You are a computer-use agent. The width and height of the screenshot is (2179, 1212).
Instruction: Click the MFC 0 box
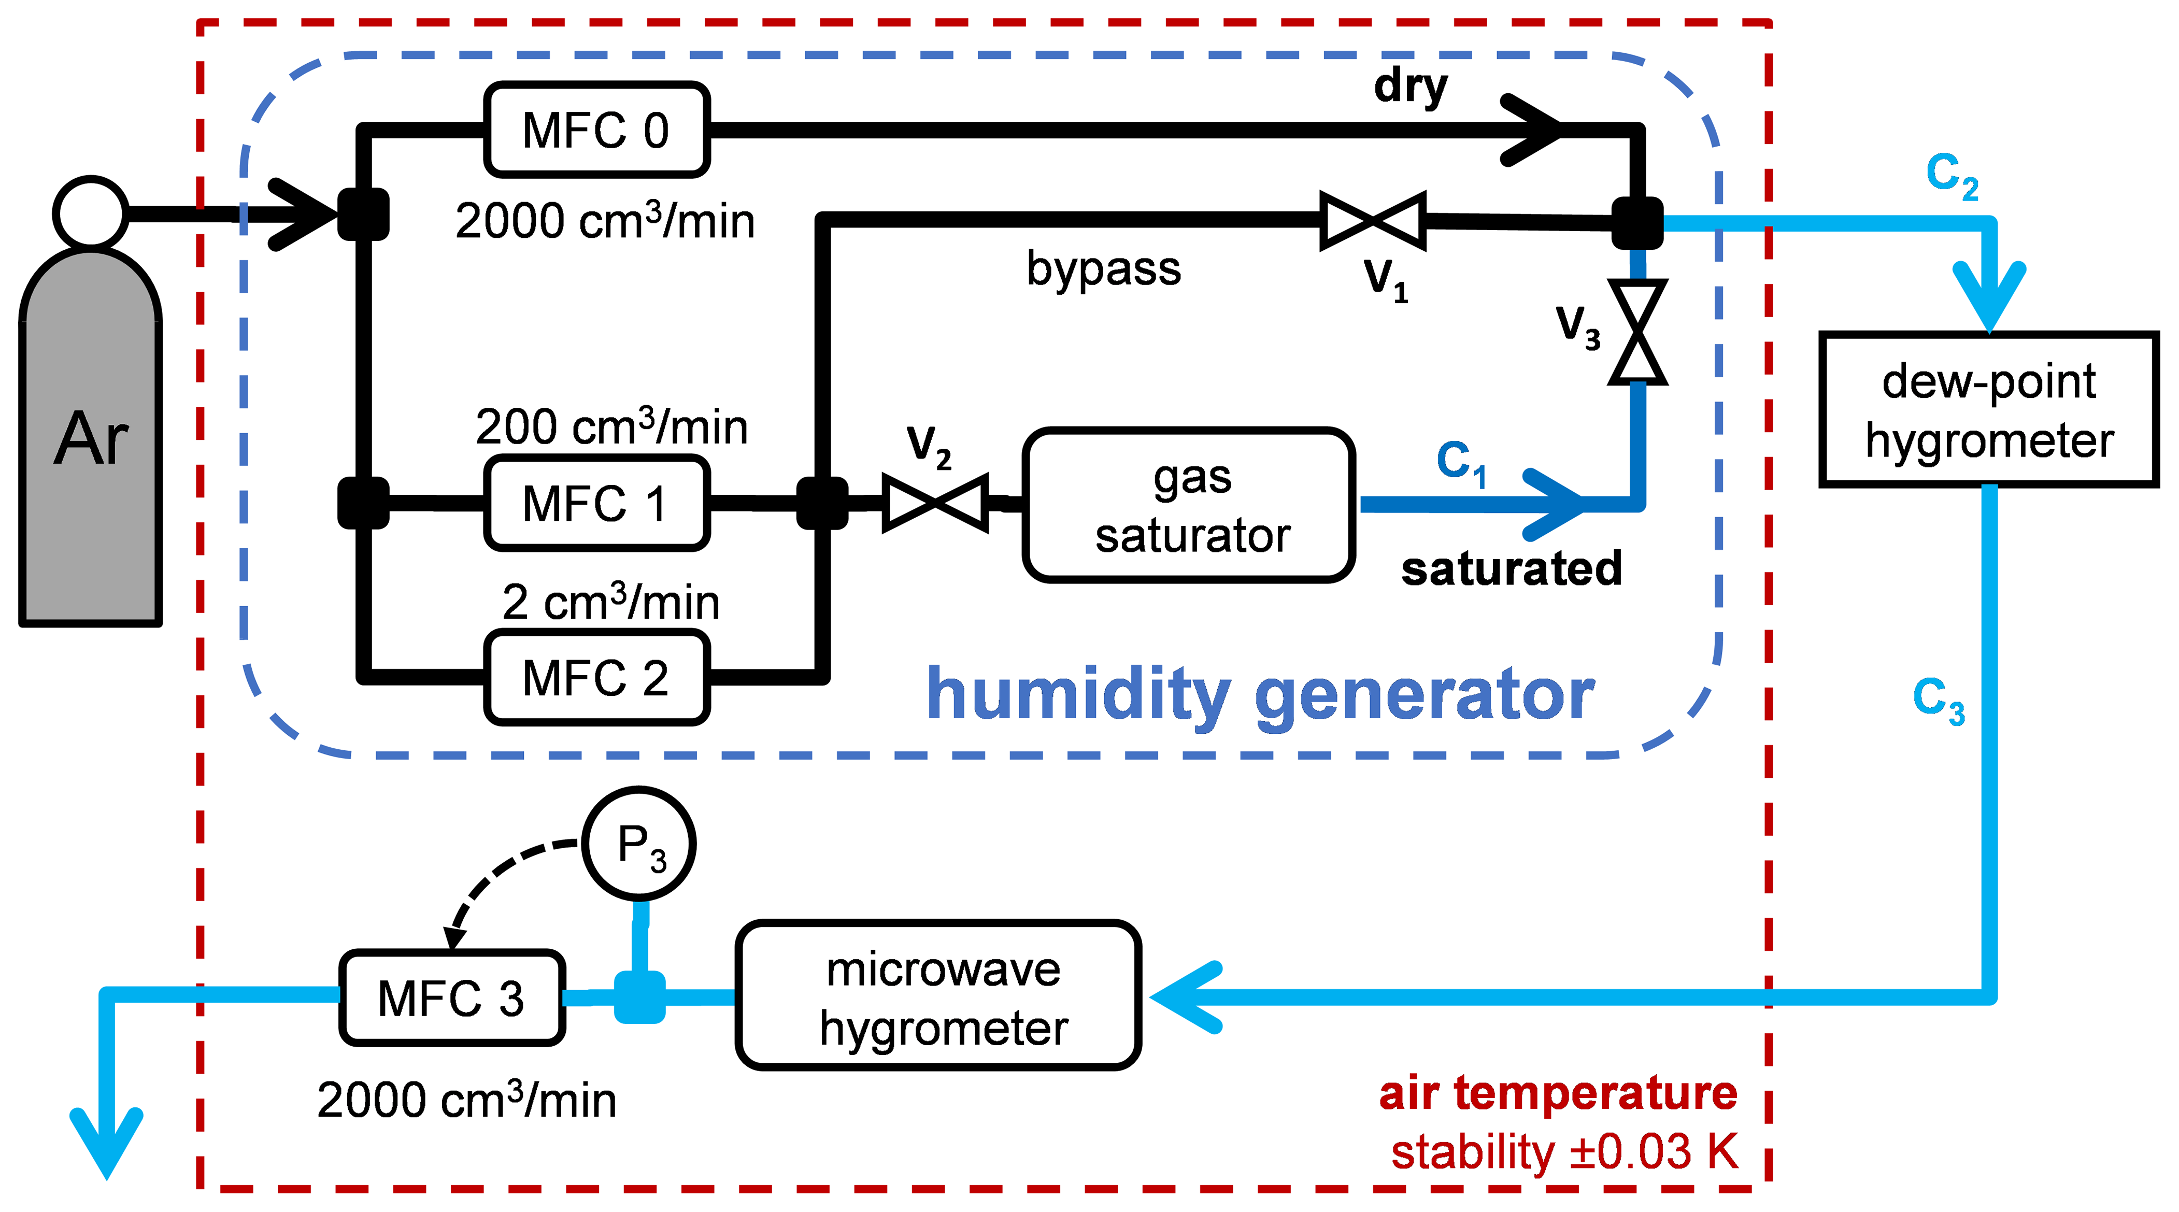pos(596,130)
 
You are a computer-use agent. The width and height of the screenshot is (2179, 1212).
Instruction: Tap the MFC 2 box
pos(596,677)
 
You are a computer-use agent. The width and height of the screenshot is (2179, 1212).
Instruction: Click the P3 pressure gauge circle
pos(639,843)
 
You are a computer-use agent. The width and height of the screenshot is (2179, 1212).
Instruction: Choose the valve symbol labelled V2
pos(935,503)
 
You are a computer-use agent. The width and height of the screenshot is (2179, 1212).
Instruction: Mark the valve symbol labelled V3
pos(1637,332)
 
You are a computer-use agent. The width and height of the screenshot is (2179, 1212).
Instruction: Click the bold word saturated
pos(1512,568)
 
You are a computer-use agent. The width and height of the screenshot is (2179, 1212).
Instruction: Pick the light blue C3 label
pos(1939,700)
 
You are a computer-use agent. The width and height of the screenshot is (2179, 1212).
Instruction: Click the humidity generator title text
pos(1260,695)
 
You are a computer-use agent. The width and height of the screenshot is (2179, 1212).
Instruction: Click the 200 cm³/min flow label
pos(611,426)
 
